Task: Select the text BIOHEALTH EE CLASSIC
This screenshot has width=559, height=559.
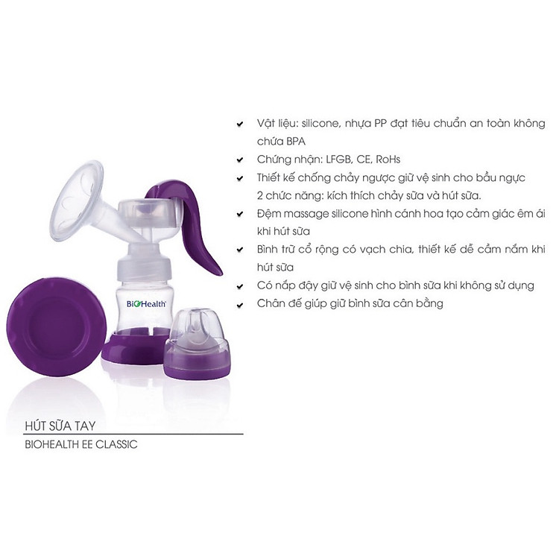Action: [82, 445]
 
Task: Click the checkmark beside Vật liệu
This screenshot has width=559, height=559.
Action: [239, 124]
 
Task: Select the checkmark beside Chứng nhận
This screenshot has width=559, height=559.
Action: [239, 160]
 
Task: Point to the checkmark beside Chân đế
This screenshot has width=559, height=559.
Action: [239, 303]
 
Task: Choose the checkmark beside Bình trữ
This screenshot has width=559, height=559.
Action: [239, 250]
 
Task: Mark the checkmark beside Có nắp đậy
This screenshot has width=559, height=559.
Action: [239, 285]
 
